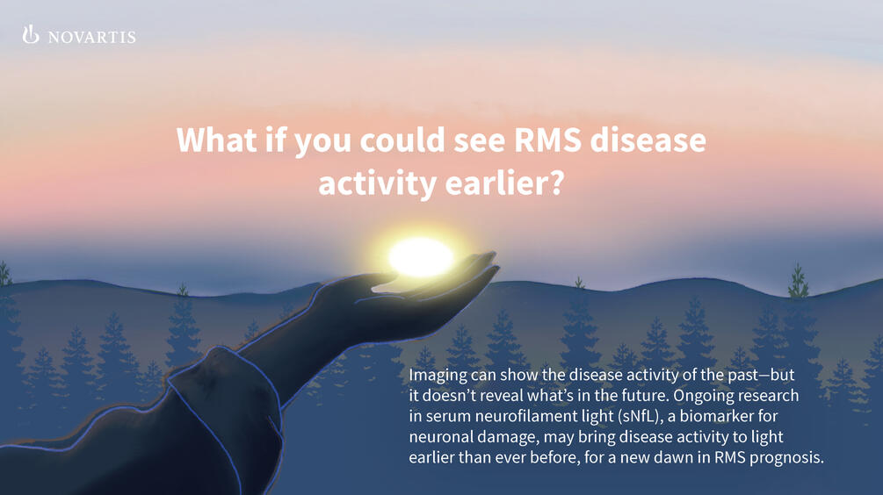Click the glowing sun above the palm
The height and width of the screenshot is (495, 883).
pyautogui.click(x=421, y=257)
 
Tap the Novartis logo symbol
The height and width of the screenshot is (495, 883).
pyautogui.click(x=31, y=34)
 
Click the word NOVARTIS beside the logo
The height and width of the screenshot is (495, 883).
pyautogui.click(x=91, y=37)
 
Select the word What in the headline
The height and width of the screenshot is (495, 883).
pyautogui.click(x=216, y=140)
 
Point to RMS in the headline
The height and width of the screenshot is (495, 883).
pyautogui.click(x=547, y=140)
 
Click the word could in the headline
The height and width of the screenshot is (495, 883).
pyautogui.click(x=402, y=140)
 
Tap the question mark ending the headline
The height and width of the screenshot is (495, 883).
pyautogui.click(x=554, y=183)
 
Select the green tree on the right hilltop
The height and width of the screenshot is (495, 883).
pyautogui.click(x=798, y=280)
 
